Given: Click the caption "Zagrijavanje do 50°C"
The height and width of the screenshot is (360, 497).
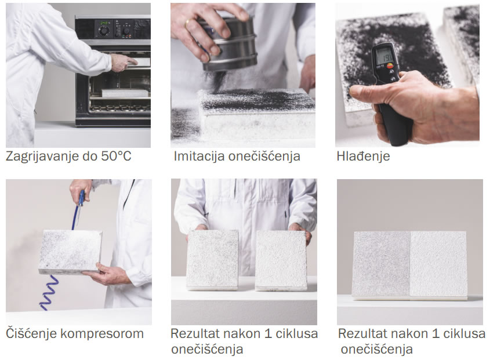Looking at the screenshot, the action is pyautogui.click(x=68, y=157).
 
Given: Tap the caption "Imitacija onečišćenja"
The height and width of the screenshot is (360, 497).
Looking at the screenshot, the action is pyautogui.click(x=237, y=157).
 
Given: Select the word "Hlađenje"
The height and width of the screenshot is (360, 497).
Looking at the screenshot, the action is pyautogui.click(x=363, y=156).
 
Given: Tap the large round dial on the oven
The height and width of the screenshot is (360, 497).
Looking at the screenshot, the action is pyautogui.click(x=104, y=31).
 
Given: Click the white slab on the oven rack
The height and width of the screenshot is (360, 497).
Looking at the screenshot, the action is pyautogui.click(x=125, y=93).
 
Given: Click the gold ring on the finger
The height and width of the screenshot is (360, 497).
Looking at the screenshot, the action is pyautogui.click(x=187, y=22).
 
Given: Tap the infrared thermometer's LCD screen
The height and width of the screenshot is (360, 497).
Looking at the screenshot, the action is pyautogui.click(x=384, y=57).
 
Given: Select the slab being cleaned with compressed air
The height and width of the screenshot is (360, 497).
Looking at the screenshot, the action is pyautogui.click(x=70, y=252).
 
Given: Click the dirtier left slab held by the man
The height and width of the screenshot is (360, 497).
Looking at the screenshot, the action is pyautogui.click(x=212, y=259).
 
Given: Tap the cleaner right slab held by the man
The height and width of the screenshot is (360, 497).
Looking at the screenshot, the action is pyautogui.click(x=281, y=260).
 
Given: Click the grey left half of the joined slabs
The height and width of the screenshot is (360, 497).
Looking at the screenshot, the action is pyautogui.click(x=382, y=264).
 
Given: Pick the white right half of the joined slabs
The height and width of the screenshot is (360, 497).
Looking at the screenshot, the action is pyautogui.click(x=438, y=264).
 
